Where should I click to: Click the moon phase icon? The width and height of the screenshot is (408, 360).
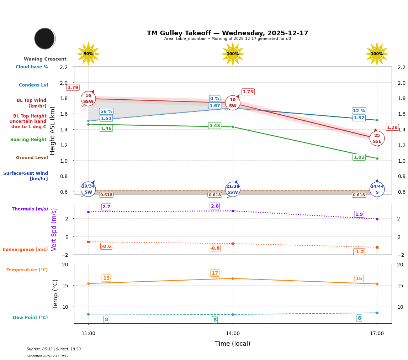[x=45, y=38]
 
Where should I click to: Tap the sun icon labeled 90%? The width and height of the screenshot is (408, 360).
[x=88, y=54]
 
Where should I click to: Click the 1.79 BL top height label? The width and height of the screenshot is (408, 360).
[x=73, y=88]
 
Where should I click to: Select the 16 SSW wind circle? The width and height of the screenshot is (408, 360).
[x=88, y=99]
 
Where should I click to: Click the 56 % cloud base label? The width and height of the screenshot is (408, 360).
[x=106, y=111]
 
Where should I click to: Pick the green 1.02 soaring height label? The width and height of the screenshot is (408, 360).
[x=359, y=157]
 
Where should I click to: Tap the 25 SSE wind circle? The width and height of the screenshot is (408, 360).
[x=377, y=139]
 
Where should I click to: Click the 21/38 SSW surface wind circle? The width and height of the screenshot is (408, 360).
[x=233, y=189]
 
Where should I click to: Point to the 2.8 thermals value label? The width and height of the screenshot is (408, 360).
[x=215, y=206]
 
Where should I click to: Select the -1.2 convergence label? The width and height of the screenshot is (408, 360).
[x=359, y=252]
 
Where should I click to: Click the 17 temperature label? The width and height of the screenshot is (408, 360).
[x=215, y=273]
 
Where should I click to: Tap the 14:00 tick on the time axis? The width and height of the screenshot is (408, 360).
[x=233, y=334]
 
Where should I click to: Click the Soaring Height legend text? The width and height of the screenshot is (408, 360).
[x=28, y=140]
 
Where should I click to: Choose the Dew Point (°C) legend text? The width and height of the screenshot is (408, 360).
[x=30, y=318]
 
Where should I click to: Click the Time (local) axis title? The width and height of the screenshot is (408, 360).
[x=233, y=344]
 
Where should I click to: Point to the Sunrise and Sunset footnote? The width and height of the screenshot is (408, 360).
[x=54, y=349]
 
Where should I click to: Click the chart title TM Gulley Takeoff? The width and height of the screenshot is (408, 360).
[x=227, y=33]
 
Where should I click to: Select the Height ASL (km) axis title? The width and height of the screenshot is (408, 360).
[x=53, y=131]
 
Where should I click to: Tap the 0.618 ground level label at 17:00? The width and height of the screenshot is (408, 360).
[x=359, y=195]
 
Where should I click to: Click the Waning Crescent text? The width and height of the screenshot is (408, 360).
[x=45, y=59]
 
